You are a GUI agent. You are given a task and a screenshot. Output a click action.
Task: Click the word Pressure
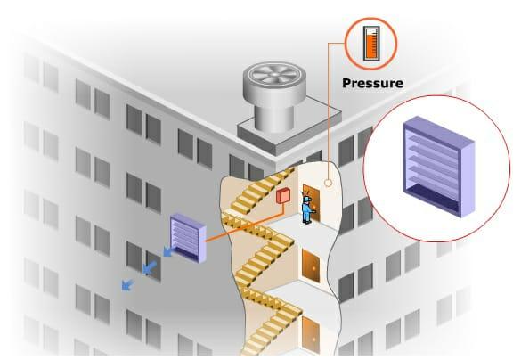pos(372,83)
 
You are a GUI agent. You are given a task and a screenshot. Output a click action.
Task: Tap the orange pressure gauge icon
pos(371,44)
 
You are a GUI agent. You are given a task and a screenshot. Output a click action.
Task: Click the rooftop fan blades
pos(273,73)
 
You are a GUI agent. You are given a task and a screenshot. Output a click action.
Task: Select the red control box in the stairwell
pos(283,196)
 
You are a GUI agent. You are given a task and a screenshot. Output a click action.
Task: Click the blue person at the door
pos(307,209)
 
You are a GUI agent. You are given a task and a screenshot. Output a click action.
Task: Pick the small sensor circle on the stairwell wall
pos(328,183)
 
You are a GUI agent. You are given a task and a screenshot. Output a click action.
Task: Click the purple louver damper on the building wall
pos(188,238)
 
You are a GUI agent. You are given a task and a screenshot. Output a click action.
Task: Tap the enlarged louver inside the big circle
pos(439,167)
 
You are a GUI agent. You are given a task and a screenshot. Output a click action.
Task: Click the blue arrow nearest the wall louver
pos(168,251)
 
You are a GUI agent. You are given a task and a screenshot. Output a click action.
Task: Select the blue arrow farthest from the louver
pos(127,284)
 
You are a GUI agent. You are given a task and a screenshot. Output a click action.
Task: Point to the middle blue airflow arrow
pos(150,267)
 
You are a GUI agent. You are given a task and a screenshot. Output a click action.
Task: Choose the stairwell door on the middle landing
pos(311,266)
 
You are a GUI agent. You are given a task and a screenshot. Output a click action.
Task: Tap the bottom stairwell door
pos(311,334)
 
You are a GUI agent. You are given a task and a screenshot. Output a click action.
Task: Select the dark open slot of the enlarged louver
pos(432,199)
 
